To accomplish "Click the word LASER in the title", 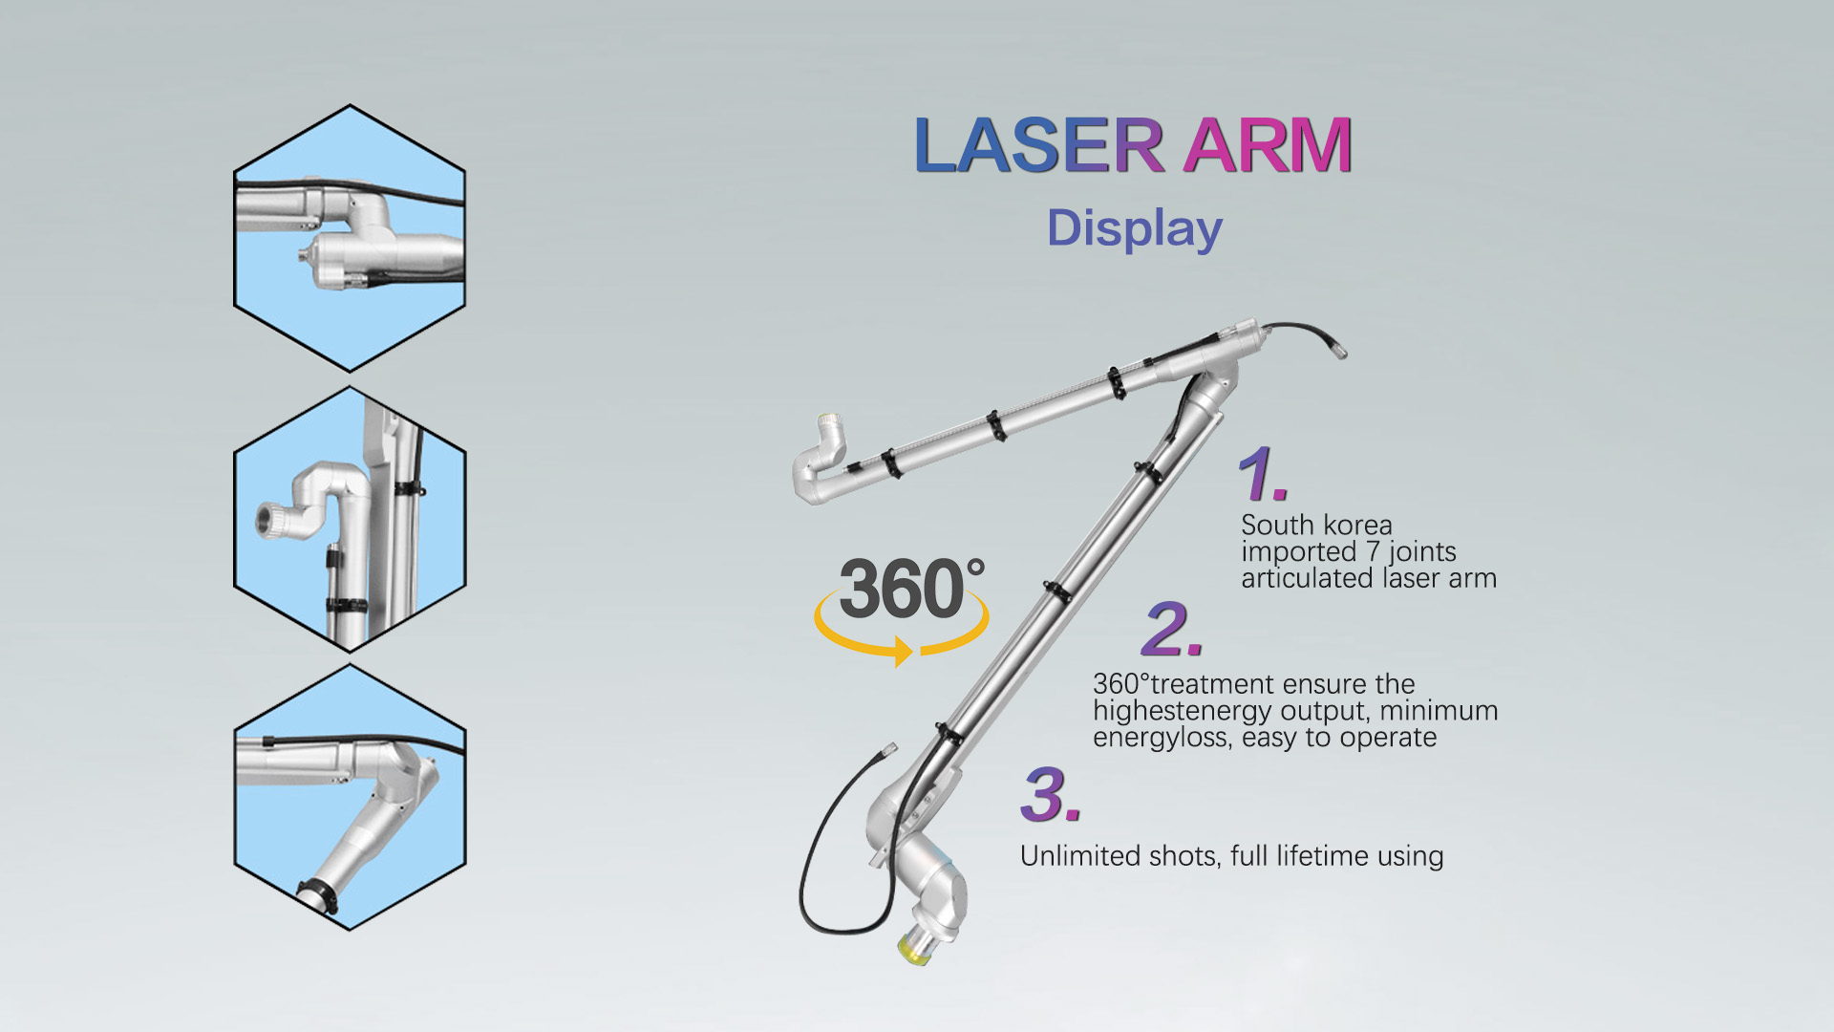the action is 1038,145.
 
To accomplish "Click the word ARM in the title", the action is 1268,145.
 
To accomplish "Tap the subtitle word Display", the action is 1135,229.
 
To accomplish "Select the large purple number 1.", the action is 1263,473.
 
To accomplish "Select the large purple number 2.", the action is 1172,630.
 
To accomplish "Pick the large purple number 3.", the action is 1050,795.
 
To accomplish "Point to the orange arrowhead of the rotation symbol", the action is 903,652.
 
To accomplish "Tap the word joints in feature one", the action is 1422,552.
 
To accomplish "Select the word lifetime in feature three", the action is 1323,855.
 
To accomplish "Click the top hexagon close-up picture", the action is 350,238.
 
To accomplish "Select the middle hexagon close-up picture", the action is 350,520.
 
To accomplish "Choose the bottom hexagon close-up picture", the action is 350,798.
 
